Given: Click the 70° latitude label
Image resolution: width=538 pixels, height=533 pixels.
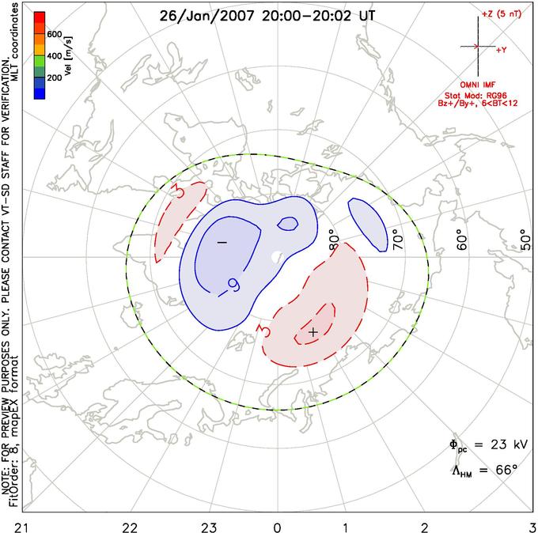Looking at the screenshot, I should pos(398,238).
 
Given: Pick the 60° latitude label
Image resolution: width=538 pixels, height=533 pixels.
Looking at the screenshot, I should pos(463,238).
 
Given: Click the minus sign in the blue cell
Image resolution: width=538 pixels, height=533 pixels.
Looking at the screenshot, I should pos(222,240).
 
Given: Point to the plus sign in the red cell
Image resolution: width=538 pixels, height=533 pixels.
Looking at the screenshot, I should pos(313,332).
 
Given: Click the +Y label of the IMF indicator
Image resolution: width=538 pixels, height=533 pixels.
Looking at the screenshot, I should pos(502,49).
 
